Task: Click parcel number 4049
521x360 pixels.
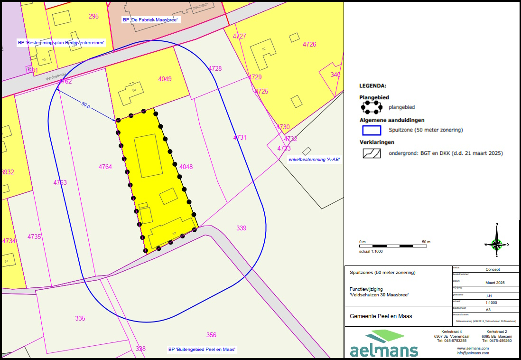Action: (165, 79)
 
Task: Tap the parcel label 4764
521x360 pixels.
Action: (105, 167)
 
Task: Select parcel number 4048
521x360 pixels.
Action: (186, 167)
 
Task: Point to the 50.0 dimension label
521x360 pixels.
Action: (85, 104)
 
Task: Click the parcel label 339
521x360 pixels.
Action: (242, 228)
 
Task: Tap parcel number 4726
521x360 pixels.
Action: (309, 44)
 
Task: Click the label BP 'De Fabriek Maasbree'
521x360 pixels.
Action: (150, 20)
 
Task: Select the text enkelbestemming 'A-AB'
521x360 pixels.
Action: (315, 160)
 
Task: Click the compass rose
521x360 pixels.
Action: (497, 244)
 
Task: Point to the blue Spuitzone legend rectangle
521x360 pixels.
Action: (372, 130)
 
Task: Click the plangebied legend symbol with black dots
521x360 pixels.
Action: (372, 107)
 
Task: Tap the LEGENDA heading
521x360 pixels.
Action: (372, 86)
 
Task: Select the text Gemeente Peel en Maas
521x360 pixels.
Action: (381, 316)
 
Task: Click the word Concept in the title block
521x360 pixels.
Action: (493, 269)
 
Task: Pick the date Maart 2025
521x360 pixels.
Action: (495, 283)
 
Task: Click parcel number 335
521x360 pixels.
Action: (80, 318)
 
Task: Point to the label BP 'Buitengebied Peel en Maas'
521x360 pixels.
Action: (202, 350)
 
